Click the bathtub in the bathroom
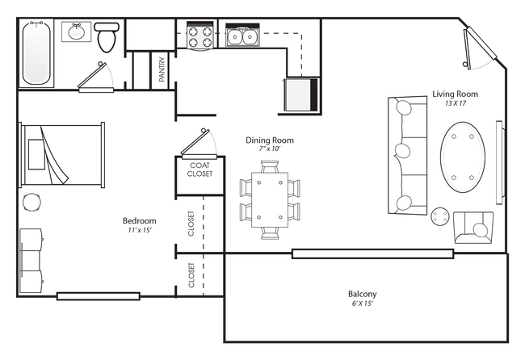tap(37, 52)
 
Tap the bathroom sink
tap(78, 33)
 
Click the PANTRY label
tap(162, 69)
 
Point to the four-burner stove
tap(199, 36)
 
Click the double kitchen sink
tap(241, 36)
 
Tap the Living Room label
tap(455, 94)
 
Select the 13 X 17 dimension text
tap(455, 103)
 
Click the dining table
tap(270, 199)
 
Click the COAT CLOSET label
tap(199, 170)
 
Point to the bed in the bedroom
tap(61, 154)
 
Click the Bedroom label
tap(139, 221)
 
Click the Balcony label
tap(362, 294)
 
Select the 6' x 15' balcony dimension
tap(362, 304)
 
